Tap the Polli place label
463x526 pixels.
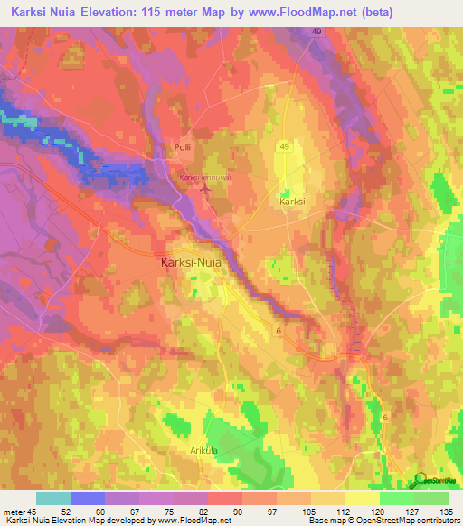[184, 147]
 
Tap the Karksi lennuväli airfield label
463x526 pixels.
[207, 178]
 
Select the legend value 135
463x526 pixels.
[445, 512]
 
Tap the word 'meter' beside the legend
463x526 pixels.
[14, 512]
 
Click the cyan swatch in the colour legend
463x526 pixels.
[53, 498]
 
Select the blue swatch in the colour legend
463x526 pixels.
[88, 498]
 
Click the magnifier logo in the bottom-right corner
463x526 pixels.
[420, 480]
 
